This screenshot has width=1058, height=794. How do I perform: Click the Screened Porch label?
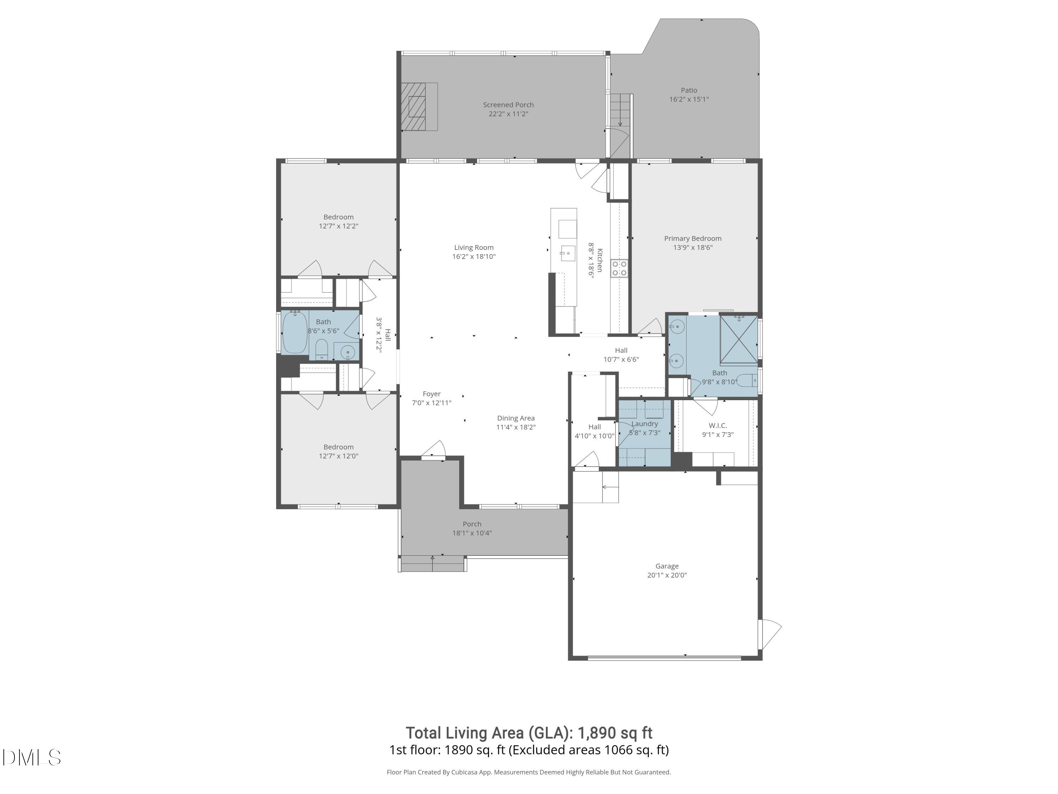(508, 104)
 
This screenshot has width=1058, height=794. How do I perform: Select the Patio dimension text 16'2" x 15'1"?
(689, 99)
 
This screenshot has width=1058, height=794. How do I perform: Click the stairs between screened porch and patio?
(620, 110)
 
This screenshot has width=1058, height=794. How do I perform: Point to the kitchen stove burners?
(619, 268)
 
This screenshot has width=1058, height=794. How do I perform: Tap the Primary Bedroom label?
(693, 238)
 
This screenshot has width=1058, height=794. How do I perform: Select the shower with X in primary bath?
(738, 340)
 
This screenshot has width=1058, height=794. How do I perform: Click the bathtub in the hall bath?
(294, 332)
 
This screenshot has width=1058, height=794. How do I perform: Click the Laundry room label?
(644, 423)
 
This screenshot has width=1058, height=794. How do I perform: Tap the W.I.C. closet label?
(717, 426)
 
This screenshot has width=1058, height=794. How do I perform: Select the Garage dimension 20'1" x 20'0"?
(667, 575)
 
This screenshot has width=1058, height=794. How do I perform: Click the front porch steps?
(432, 564)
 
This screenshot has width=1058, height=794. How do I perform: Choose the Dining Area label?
(516, 418)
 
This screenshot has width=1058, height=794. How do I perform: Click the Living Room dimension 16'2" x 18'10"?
(474, 257)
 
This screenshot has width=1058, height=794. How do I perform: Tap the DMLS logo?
(32, 758)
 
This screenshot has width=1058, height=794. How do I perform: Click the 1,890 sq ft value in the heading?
(615, 733)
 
